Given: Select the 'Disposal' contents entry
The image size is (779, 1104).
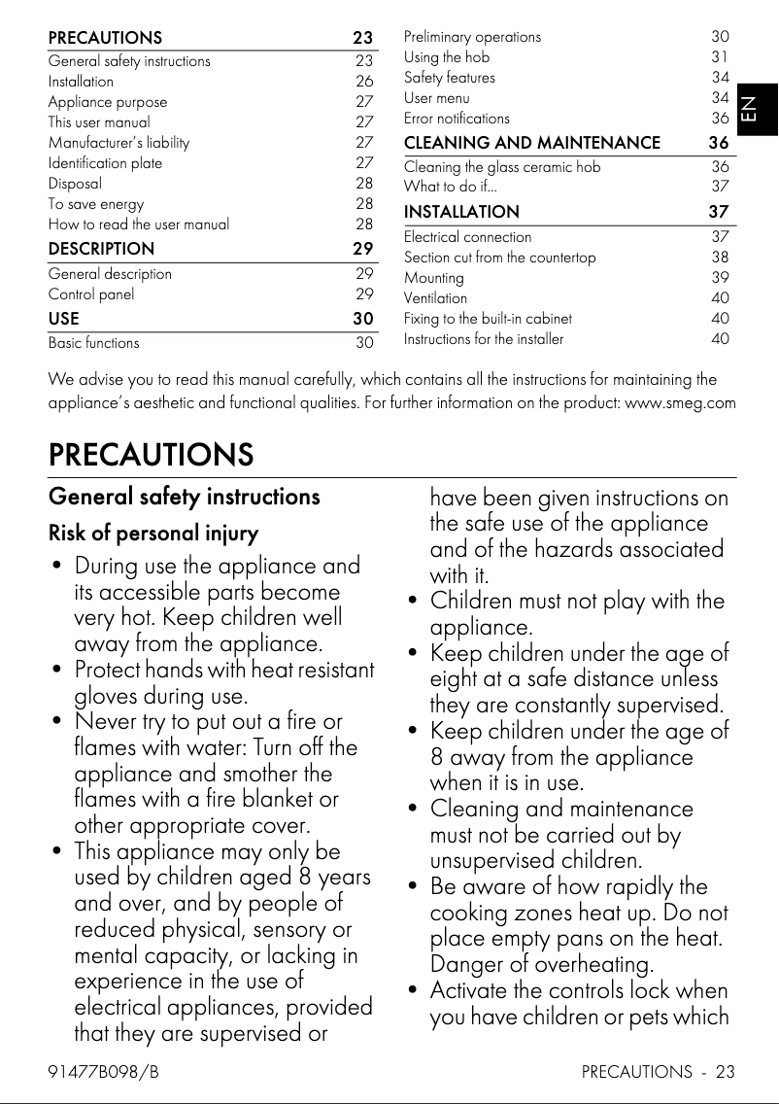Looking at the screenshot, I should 75,183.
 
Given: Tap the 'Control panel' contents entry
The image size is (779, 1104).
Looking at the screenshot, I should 91,294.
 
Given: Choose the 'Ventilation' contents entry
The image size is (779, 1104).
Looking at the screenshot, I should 435,298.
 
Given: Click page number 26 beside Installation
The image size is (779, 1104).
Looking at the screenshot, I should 364,82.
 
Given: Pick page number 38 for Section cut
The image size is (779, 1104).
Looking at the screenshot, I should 720,258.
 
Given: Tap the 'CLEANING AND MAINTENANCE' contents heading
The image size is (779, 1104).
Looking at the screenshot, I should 531,143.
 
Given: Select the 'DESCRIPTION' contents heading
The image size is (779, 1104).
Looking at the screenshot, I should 101,249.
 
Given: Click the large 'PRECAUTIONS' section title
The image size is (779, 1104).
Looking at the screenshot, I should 151,454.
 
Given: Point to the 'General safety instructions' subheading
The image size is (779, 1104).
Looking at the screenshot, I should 184,497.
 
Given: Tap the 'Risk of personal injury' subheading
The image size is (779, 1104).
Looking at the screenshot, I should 153,534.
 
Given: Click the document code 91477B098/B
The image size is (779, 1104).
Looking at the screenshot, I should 103,1073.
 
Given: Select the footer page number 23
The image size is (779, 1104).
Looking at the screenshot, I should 725,1073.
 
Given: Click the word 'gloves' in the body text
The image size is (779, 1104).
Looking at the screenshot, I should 110,696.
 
